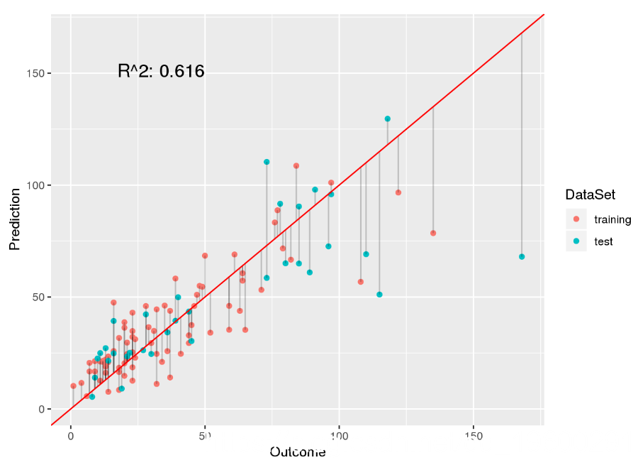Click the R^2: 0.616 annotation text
(x=161, y=71)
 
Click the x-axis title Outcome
(x=297, y=452)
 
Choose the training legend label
(x=612, y=219)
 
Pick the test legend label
(x=603, y=241)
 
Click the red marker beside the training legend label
(x=576, y=219)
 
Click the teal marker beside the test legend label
(x=576, y=241)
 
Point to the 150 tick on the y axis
(x=38, y=74)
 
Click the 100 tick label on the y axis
(x=38, y=185)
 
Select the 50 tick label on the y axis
(x=40, y=297)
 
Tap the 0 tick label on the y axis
(x=43, y=409)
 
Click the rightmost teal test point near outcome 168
(x=522, y=256)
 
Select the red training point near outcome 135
(x=433, y=233)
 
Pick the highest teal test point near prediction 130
(x=388, y=119)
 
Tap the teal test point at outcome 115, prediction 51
(x=379, y=295)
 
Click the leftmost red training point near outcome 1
(x=73, y=386)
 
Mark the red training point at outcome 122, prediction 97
(x=398, y=192)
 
